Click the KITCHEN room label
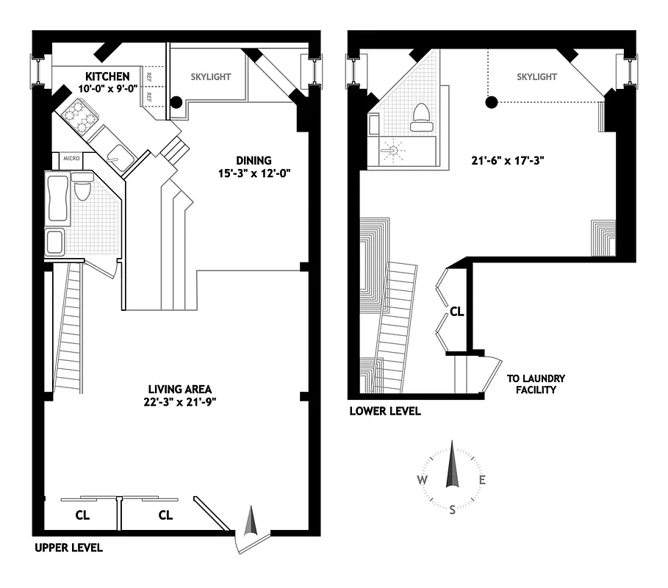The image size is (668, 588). (x=107, y=76)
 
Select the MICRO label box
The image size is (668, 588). (x=71, y=157)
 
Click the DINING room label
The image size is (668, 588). (x=254, y=160)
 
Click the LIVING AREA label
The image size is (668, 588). (x=180, y=389)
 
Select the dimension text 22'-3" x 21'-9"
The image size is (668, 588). (x=180, y=401)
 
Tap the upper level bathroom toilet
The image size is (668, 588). (x=81, y=190)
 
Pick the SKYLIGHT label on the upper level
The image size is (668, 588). (x=211, y=76)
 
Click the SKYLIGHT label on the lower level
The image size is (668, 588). (x=536, y=76)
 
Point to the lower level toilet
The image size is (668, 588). (x=420, y=118)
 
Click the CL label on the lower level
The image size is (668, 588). (x=456, y=312)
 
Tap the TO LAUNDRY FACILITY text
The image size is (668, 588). (x=536, y=384)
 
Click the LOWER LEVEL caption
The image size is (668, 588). (x=385, y=412)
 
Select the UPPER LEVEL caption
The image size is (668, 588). (x=68, y=548)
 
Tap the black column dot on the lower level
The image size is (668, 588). (x=492, y=101)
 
